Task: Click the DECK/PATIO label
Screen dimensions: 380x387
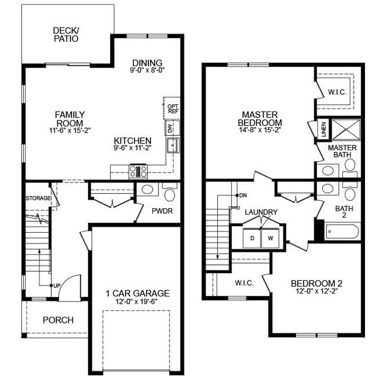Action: click(65, 35)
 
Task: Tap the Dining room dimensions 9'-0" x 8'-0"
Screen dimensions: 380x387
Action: click(147, 70)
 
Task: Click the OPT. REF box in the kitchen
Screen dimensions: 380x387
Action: click(173, 108)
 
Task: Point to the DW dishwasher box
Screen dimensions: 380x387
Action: click(170, 128)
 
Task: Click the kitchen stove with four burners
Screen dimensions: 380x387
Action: click(138, 171)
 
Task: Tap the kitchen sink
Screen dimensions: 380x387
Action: click(172, 145)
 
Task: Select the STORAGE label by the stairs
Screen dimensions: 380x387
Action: click(38, 198)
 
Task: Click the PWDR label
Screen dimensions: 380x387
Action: click(161, 211)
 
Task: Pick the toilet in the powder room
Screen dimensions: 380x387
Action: click(170, 194)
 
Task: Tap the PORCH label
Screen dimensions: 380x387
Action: click(58, 320)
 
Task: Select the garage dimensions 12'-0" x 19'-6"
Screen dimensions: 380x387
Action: click(138, 302)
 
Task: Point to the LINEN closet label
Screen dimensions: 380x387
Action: click(323, 128)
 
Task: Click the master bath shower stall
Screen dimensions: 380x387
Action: click(345, 128)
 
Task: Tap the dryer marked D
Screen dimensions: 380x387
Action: click(252, 238)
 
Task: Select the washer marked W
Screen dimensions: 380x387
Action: click(270, 238)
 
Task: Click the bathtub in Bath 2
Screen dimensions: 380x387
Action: click(342, 231)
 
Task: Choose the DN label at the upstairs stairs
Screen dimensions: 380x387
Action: click(243, 196)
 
